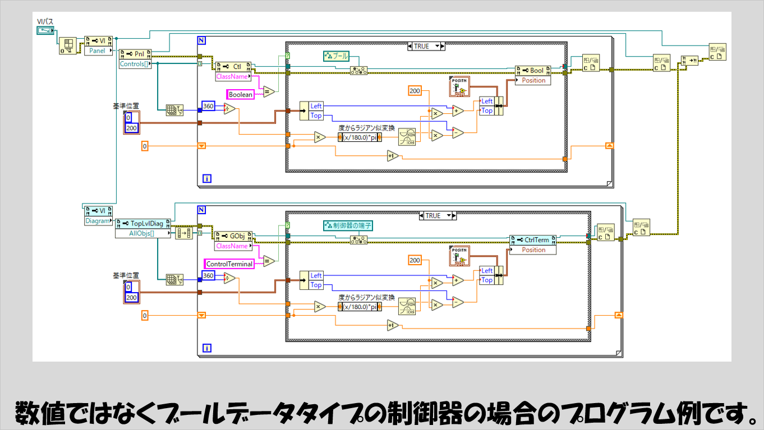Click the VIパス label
tap(45, 22)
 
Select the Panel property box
tap(98, 50)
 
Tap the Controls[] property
tap(135, 64)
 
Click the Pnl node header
tap(136, 54)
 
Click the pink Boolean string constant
tap(240, 95)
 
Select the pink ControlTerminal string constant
tap(229, 263)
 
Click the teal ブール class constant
tap(337, 56)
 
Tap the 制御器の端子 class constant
tap(348, 225)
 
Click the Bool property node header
tap(533, 71)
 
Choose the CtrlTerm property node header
tap(533, 240)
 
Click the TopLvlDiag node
tap(143, 223)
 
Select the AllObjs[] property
tap(143, 233)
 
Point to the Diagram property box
tap(98, 221)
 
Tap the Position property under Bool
tap(533, 80)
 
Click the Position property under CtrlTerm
tap(533, 249)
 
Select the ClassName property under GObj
tap(232, 246)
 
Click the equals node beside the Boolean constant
tap(269, 92)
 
